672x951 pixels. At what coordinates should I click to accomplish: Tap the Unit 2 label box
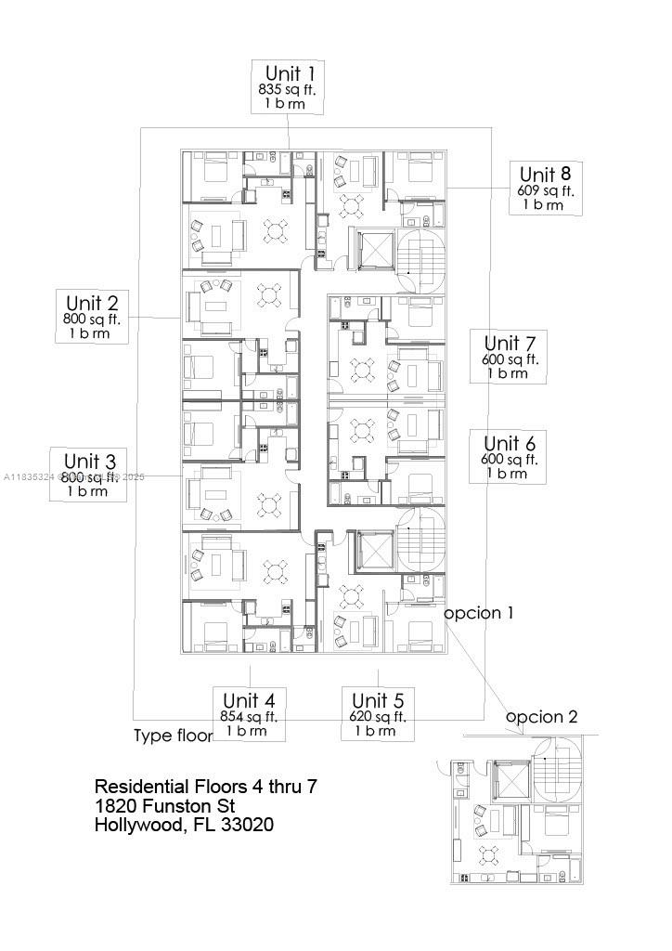pos(92,316)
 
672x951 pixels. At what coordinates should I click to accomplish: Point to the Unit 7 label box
pos(509,357)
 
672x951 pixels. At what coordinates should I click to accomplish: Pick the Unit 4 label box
pos(249,714)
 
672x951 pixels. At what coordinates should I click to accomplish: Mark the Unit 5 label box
pos(377,714)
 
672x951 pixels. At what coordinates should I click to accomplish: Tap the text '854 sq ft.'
pos(249,716)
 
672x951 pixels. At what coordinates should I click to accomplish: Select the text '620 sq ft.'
pos(377,716)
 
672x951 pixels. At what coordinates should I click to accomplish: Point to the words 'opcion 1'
pos(478,614)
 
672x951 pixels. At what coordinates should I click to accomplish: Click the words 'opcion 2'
pos(542,717)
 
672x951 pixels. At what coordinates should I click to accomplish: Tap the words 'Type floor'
pos(174,736)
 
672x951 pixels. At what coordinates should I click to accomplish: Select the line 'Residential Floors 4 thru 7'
pos(206,787)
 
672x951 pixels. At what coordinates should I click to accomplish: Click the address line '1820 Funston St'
pos(164,805)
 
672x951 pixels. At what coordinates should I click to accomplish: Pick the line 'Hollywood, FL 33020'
pos(184,825)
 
